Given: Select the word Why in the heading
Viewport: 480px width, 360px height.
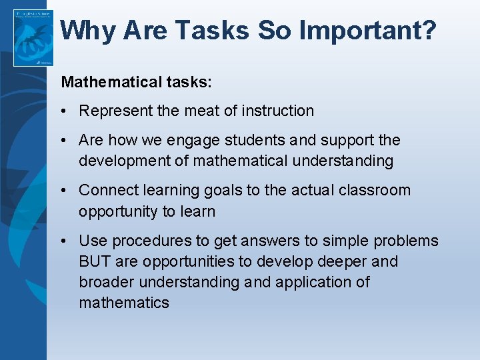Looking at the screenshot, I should click(x=89, y=30).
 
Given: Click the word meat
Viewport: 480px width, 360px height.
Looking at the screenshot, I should click(x=201, y=111).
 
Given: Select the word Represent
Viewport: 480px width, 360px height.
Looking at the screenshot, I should click(x=115, y=111).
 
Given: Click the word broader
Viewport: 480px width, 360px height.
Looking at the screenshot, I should click(x=106, y=282).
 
